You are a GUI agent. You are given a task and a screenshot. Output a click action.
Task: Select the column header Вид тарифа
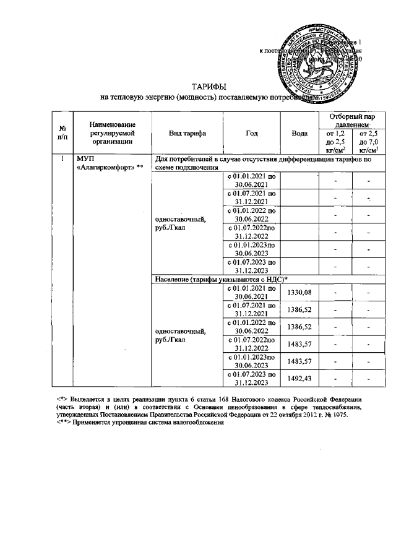[187, 133]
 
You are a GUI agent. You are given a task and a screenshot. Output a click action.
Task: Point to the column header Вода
[299, 133]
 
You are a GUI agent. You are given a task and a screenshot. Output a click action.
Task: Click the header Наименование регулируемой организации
[112, 133]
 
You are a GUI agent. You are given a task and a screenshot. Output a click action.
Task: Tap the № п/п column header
[63, 133]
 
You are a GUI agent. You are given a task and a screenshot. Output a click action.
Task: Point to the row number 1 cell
[62, 159]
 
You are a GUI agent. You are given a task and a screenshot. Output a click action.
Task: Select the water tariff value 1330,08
[299, 293]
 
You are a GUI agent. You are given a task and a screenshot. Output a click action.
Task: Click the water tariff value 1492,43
[299, 379]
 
